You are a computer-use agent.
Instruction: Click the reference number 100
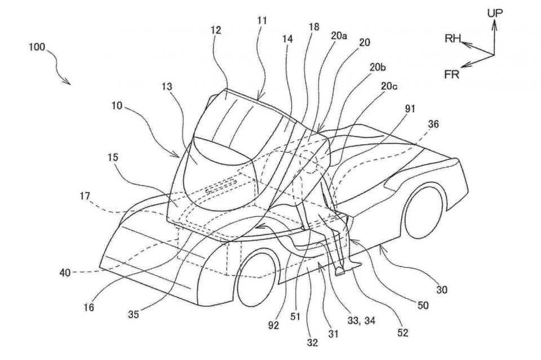[x=37, y=47]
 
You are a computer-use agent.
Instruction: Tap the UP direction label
[x=495, y=13]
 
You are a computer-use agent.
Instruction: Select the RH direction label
[x=453, y=38]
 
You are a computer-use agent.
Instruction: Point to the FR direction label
[x=451, y=74]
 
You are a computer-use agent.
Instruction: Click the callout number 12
[x=216, y=30]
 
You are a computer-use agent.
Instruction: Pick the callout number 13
[x=167, y=86]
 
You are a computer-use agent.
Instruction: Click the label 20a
[x=339, y=36]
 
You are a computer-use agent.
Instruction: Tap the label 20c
[x=389, y=86]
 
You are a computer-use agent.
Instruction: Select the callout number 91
[x=409, y=109]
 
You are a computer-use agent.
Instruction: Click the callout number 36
[x=433, y=124]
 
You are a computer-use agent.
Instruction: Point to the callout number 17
[x=85, y=197]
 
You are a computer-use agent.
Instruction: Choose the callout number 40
[x=65, y=273]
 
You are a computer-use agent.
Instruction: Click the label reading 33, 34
[x=360, y=321]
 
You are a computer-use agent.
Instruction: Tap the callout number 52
[x=402, y=332]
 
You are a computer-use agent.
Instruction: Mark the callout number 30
[x=442, y=290]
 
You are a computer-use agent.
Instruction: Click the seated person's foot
[x=340, y=270]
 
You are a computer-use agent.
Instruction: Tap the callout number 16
[x=88, y=307]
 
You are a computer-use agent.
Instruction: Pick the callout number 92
[x=273, y=325]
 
